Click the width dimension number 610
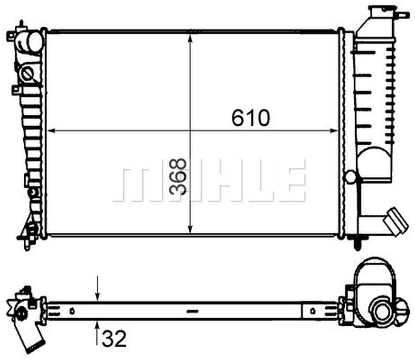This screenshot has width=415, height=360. (x=250, y=118)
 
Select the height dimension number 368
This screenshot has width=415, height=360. (x=179, y=177)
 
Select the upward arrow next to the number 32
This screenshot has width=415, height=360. (x=97, y=326)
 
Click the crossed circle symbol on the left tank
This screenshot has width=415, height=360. (x=27, y=74)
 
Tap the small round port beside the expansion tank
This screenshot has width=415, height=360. (x=351, y=177)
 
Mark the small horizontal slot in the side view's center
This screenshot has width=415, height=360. (x=192, y=311)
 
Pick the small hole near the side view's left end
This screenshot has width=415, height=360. (x=72, y=311)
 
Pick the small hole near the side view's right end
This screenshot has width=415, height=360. (x=313, y=311)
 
